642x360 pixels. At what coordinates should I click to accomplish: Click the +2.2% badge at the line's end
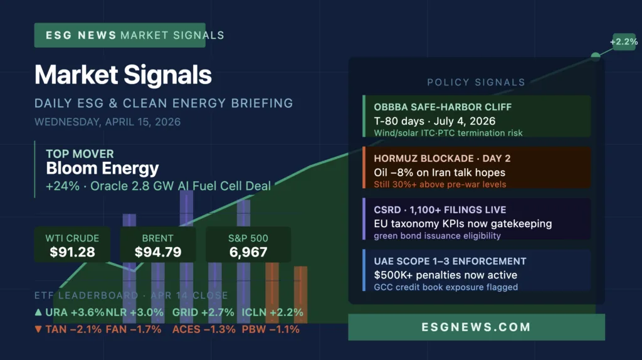tap(623, 42)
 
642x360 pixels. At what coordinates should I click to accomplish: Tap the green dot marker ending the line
tap(596, 56)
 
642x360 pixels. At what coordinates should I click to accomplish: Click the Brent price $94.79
tap(157, 252)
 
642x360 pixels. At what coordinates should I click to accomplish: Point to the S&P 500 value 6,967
tap(248, 252)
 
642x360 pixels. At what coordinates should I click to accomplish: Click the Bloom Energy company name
tap(102, 168)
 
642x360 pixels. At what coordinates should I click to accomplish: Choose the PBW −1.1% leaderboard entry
tap(270, 329)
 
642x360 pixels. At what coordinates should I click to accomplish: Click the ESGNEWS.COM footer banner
tap(476, 327)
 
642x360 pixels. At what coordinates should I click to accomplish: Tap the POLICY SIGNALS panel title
tap(476, 82)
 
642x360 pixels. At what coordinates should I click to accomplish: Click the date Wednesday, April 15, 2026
tap(107, 122)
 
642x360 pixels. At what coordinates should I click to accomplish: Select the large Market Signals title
tap(123, 75)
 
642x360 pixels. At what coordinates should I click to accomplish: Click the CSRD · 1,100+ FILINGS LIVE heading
tap(439, 210)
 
